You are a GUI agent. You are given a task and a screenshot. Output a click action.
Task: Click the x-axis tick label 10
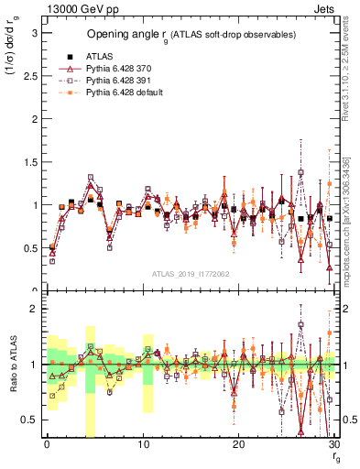[142, 444]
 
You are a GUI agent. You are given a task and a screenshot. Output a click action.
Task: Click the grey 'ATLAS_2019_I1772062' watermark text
[190, 274]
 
